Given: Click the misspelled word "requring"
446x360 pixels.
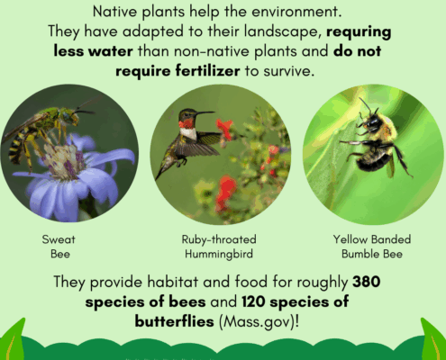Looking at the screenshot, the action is pos(359,32).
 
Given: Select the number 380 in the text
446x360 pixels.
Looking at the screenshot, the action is pos(367,282).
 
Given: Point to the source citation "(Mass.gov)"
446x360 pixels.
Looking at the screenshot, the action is pos(258,322).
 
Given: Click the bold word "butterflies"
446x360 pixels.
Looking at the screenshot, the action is pos(174,321).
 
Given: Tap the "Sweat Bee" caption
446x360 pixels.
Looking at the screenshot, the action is pos(59,247).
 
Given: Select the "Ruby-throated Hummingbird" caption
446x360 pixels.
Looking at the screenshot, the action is pos(219,247).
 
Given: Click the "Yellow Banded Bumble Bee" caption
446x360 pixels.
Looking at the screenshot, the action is pos(372,247).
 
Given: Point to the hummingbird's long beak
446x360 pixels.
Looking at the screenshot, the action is pos(205,113).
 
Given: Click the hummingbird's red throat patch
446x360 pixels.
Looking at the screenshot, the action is pos(187,123).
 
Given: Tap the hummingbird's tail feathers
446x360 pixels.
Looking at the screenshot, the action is pos(164,168).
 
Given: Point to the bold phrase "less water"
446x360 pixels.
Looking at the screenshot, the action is pos(93,51).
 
